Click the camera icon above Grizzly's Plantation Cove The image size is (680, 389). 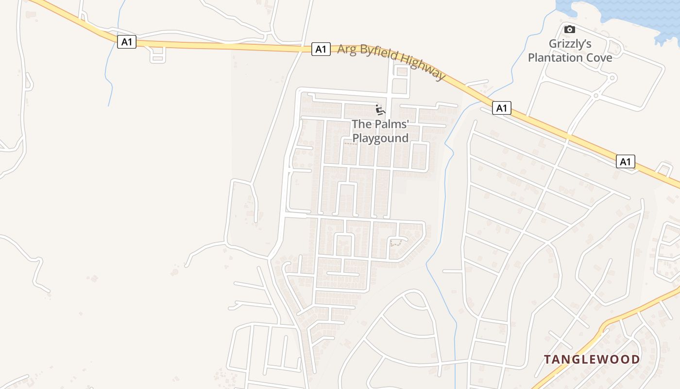[x=570, y=30]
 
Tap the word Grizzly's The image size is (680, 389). [x=570, y=44]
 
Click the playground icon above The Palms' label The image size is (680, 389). [x=380, y=109]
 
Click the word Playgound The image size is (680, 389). [x=380, y=138]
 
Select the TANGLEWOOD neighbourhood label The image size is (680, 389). [x=592, y=360]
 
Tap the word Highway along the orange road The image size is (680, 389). [x=425, y=69]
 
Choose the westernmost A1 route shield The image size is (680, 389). [x=126, y=42]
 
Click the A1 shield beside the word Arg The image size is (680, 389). [x=321, y=49]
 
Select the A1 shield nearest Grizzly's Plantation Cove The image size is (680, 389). [x=502, y=108]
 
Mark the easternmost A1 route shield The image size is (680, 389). [x=626, y=161]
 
